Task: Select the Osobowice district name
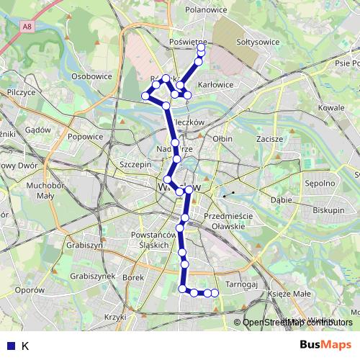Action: click(91, 76)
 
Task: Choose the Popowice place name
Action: click(86, 136)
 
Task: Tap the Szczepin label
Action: click(136, 164)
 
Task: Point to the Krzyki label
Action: click(115, 317)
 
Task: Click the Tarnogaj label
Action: click(240, 284)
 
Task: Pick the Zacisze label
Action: click(269, 137)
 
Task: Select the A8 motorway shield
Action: click(26, 26)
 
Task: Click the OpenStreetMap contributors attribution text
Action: click(294, 323)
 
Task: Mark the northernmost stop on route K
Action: click(201, 49)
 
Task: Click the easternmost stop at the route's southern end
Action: click(215, 293)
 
